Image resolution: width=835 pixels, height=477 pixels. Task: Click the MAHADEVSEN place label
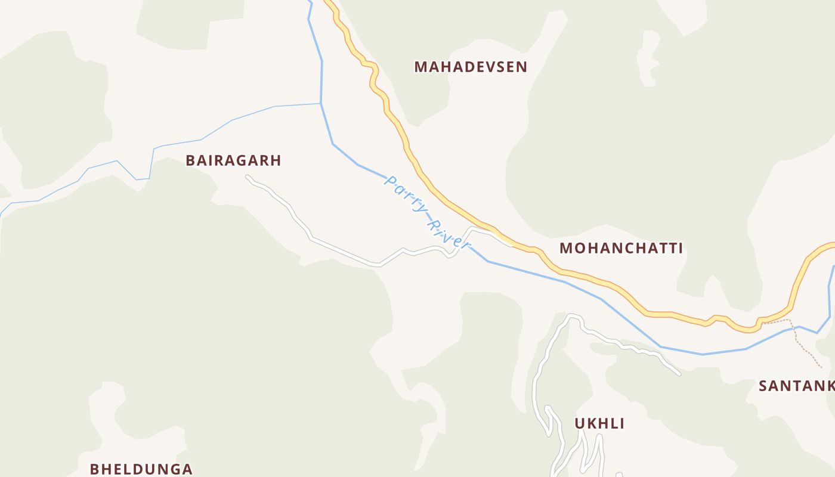pos(471,67)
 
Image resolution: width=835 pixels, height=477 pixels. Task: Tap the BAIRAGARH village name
pos(233,160)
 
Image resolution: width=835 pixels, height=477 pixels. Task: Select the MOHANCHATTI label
pos(621,249)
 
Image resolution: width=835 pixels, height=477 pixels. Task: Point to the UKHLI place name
pos(599,424)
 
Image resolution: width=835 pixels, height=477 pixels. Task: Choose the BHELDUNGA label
pos(141,469)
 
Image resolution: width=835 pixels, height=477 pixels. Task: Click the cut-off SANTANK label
pos(796,386)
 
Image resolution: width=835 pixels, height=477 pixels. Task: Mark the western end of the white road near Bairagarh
pos(248,177)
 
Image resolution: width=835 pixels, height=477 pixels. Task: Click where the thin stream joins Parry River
pos(321,104)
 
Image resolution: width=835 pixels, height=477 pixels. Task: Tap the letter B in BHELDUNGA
pos(94,469)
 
